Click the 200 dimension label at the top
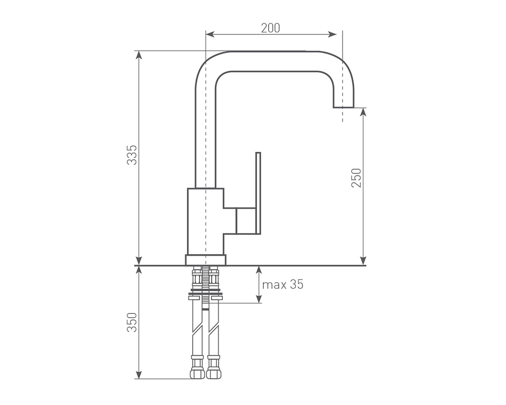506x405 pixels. point(270,28)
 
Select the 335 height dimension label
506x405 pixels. point(132,155)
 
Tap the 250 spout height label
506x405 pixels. point(356,178)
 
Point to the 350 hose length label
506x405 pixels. point(132,322)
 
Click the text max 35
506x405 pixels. point(283,285)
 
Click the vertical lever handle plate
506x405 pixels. point(258,193)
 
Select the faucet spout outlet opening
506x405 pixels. point(344,107)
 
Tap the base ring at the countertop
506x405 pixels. point(205,260)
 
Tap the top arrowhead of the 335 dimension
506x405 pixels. point(139,55)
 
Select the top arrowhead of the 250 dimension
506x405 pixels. point(363,112)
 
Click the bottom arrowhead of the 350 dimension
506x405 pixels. point(139,374)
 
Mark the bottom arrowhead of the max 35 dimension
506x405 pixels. point(259,299)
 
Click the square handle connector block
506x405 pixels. point(245,221)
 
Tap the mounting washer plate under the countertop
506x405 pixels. point(205,292)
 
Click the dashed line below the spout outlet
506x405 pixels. point(343,114)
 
